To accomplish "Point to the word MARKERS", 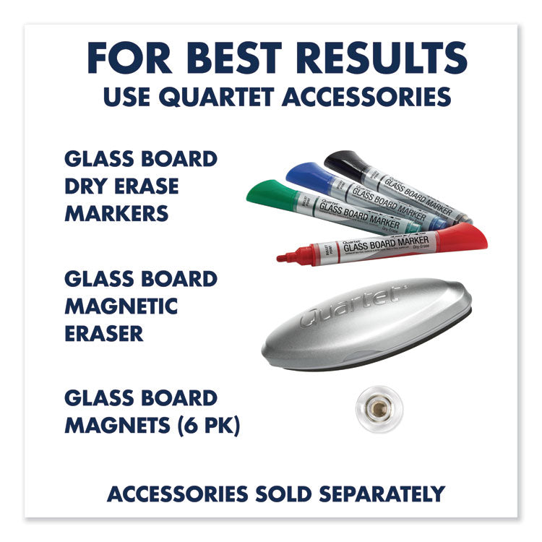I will (x=116, y=213).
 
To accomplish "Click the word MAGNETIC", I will (x=121, y=306).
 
